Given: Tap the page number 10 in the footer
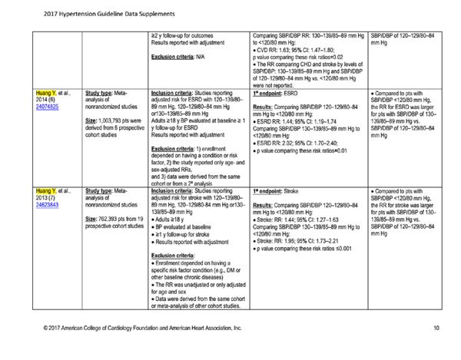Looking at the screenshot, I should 435,328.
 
